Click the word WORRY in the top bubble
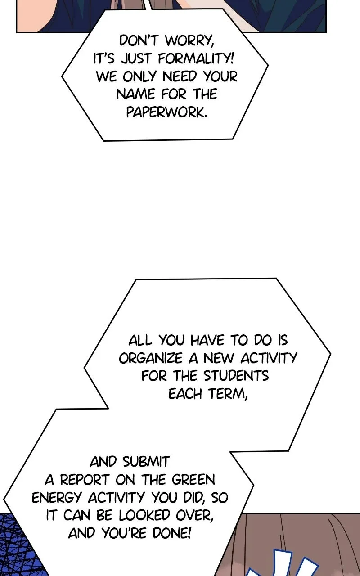(189, 41)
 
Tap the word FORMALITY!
(196, 58)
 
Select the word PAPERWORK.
(166, 112)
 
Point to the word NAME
(135, 94)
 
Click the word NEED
(180, 76)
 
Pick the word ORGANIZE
(151, 358)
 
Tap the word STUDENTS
(236, 376)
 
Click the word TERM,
(228, 394)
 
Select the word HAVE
(207, 341)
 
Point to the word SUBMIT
(146, 462)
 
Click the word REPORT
(85, 480)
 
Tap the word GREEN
(193, 480)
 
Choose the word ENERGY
(57, 498)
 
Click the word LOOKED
(144, 515)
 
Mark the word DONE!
(172, 533)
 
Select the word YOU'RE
(125, 533)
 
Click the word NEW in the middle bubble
(220, 358)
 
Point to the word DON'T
(139, 41)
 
